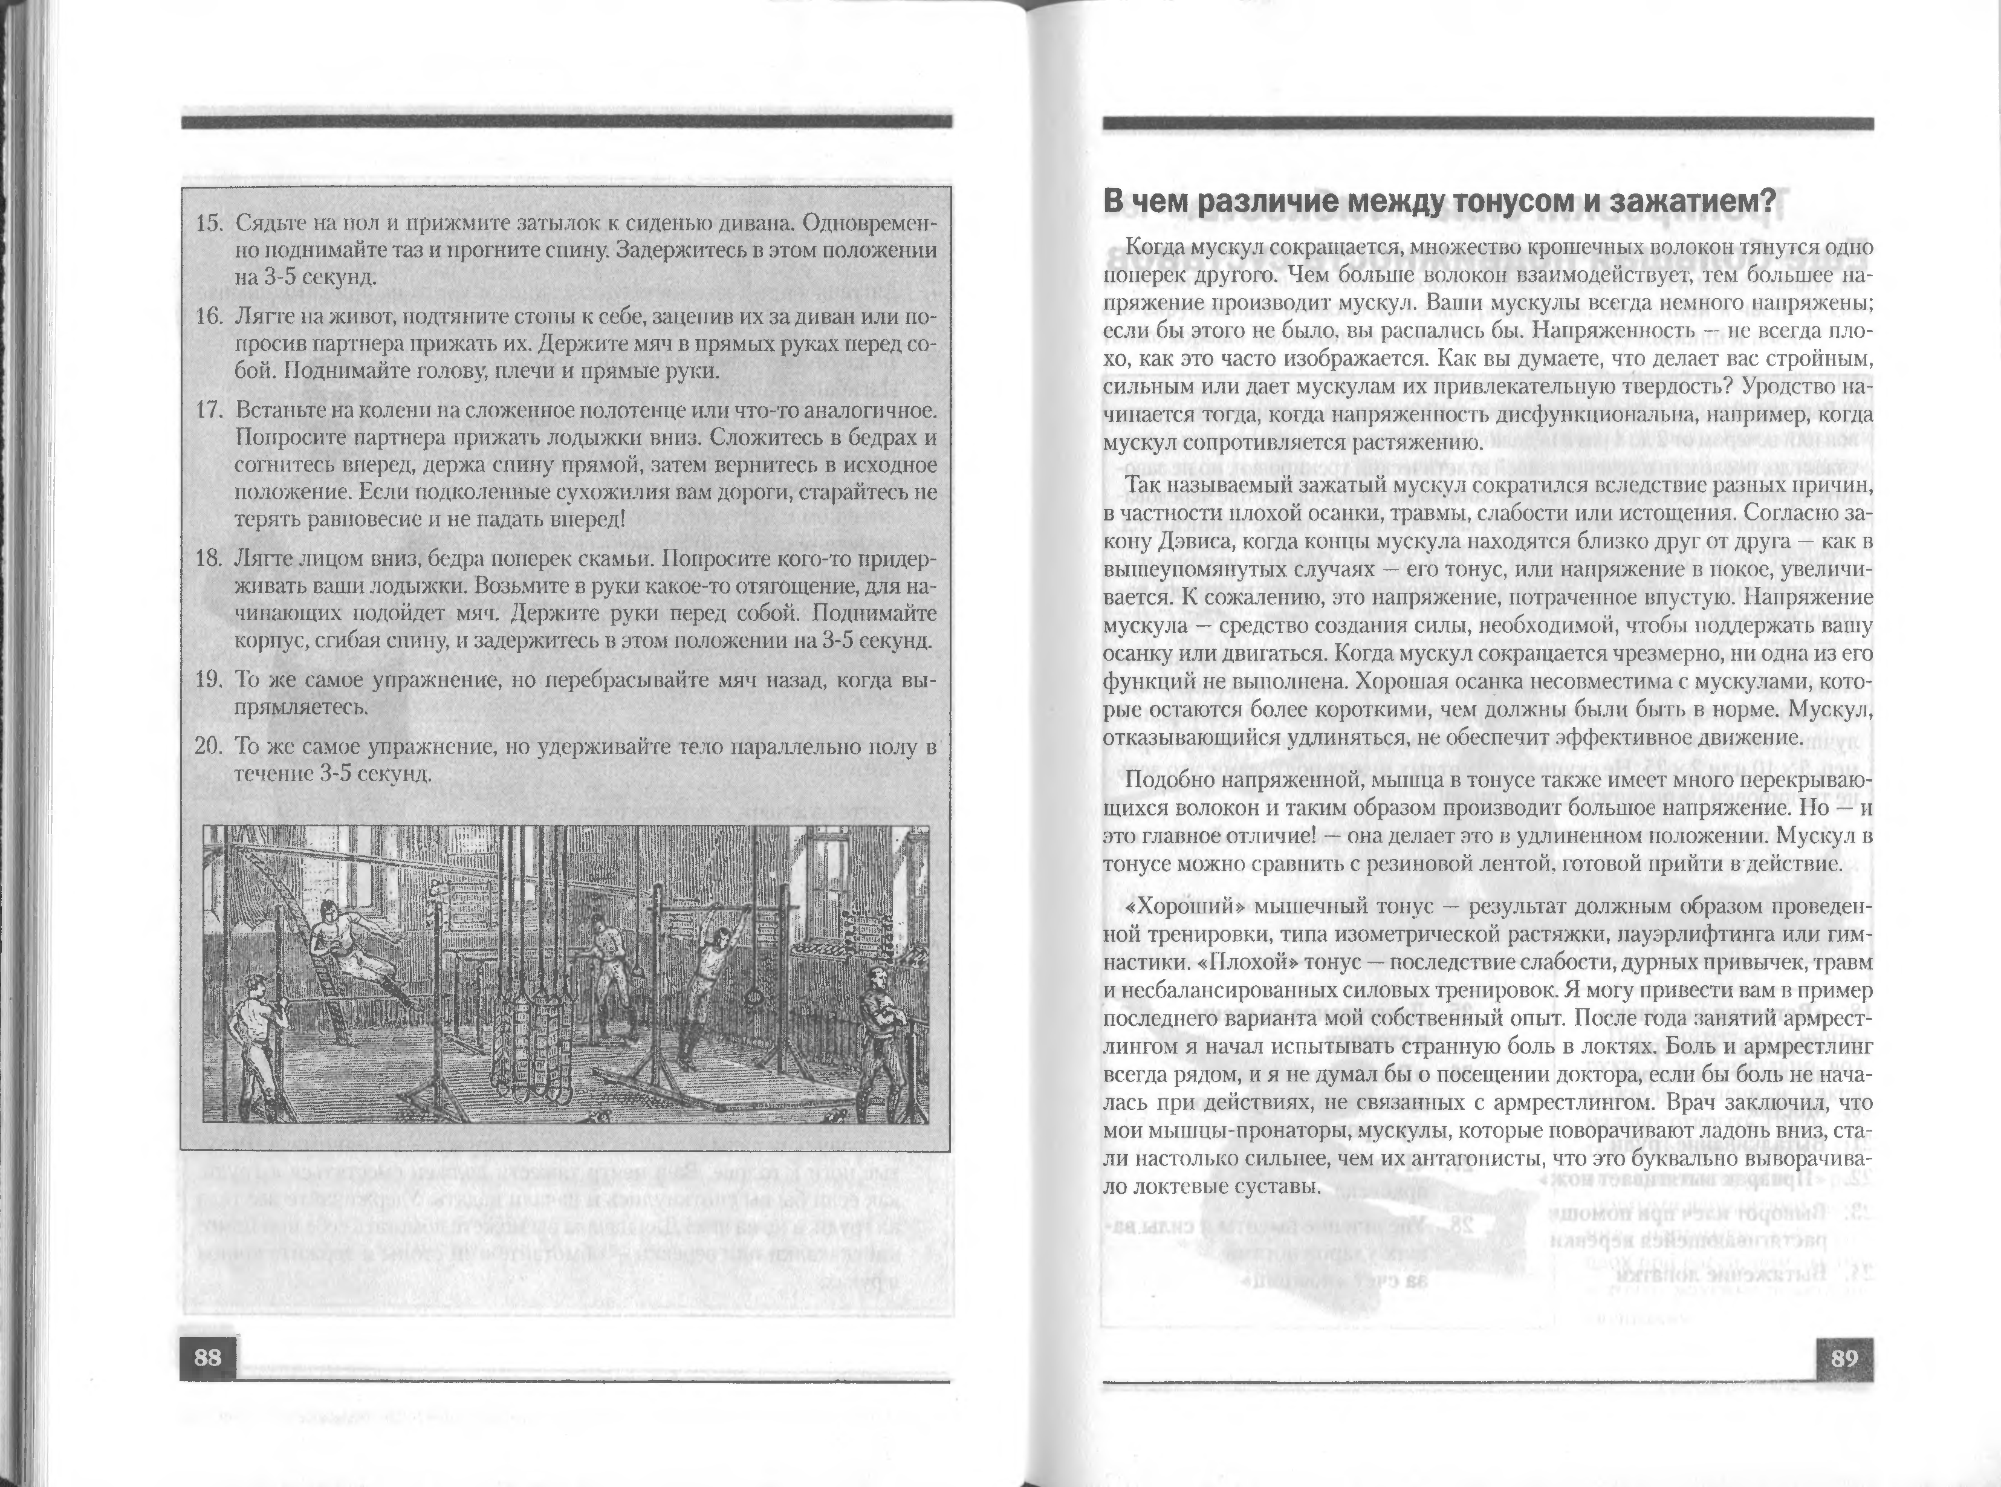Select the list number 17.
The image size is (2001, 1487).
pyautogui.click(x=209, y=410)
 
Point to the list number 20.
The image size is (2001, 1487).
pyautogui.click(x=209, y=747)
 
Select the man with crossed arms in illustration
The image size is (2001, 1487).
pyautogui.click(x=878, y=1026)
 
